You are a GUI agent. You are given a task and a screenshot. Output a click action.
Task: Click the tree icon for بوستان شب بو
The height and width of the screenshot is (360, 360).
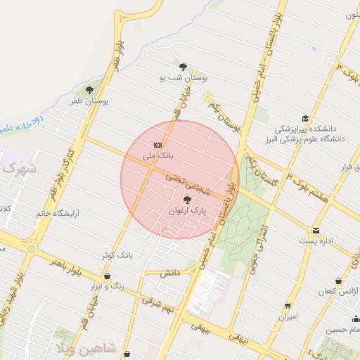183,67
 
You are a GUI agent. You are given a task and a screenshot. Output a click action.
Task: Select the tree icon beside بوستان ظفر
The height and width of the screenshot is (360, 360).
89,89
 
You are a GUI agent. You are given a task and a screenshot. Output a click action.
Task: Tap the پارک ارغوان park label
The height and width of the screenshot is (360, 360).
189,211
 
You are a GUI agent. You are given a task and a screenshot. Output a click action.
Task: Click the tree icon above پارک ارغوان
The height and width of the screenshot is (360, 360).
186,200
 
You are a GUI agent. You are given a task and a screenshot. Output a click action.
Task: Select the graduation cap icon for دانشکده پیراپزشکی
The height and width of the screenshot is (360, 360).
305,118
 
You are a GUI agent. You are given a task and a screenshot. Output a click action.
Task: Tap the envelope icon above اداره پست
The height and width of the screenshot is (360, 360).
316,231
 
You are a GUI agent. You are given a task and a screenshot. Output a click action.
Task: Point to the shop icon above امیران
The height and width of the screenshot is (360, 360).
288,306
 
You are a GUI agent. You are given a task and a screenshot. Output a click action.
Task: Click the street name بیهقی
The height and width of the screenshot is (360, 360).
210,328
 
